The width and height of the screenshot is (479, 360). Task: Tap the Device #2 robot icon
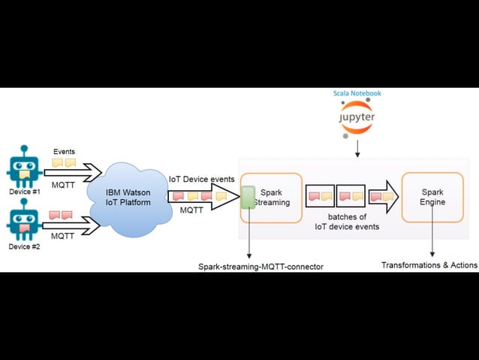tap(24, 223)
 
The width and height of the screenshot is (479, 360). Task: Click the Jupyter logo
tap(356, 119)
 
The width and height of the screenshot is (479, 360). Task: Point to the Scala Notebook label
tap(357, 93)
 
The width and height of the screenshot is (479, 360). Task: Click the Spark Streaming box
tap(271, 198)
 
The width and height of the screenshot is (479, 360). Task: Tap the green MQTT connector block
tap(248, 198)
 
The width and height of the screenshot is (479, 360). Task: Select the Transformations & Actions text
tap(429, 265)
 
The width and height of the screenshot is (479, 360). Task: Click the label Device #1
tap(24, 192)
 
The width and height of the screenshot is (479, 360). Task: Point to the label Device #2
tap(24, 247)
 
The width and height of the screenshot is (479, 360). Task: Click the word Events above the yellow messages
tap(64, 152)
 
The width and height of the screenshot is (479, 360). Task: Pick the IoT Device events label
tap(201, 179)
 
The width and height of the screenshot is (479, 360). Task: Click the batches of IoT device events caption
tap(346, 221)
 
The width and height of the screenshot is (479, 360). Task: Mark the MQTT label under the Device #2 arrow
tap(62, 236)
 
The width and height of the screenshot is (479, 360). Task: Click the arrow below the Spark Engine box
tap(432, 240)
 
